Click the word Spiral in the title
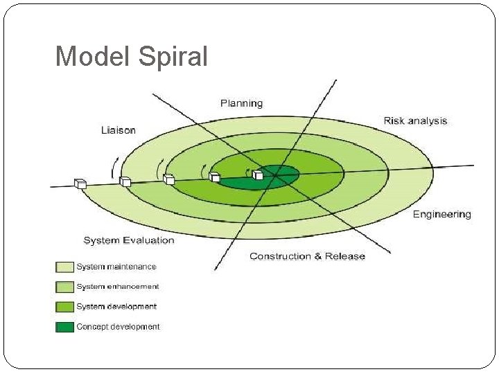(173, 57)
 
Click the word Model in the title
(93, 57)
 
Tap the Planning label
(241, 103)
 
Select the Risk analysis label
(415, 121)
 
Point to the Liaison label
(119, 130)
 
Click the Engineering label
(441, 214)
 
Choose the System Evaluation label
(129, 240)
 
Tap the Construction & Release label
(307, 256)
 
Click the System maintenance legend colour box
(64, 267)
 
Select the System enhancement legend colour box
(64, 287)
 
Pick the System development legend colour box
(64, 307)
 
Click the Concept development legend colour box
(64, 326)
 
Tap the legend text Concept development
(118, 326)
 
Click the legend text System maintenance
(116, 267)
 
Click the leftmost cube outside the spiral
(80, 184)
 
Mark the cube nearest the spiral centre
(258, 175)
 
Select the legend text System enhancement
(117, 287)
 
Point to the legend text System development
(116, 307)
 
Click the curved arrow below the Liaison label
(115, 166)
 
